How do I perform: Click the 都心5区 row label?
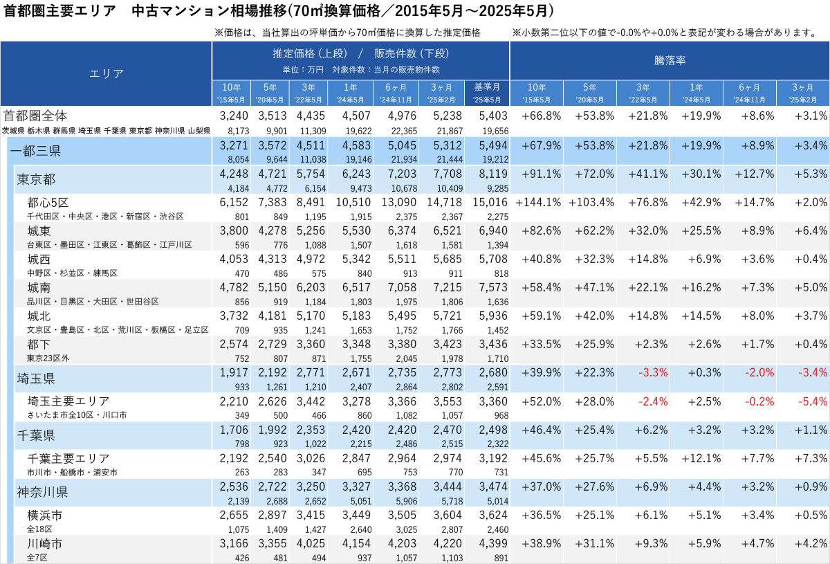48,203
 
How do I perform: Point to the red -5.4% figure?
813,401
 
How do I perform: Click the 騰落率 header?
670,61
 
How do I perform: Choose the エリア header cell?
107,73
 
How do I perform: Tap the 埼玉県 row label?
36,379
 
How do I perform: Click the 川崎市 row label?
45,544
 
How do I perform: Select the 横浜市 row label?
45,516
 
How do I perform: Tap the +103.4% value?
591,203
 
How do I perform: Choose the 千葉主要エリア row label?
68,458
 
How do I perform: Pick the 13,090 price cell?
398,203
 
